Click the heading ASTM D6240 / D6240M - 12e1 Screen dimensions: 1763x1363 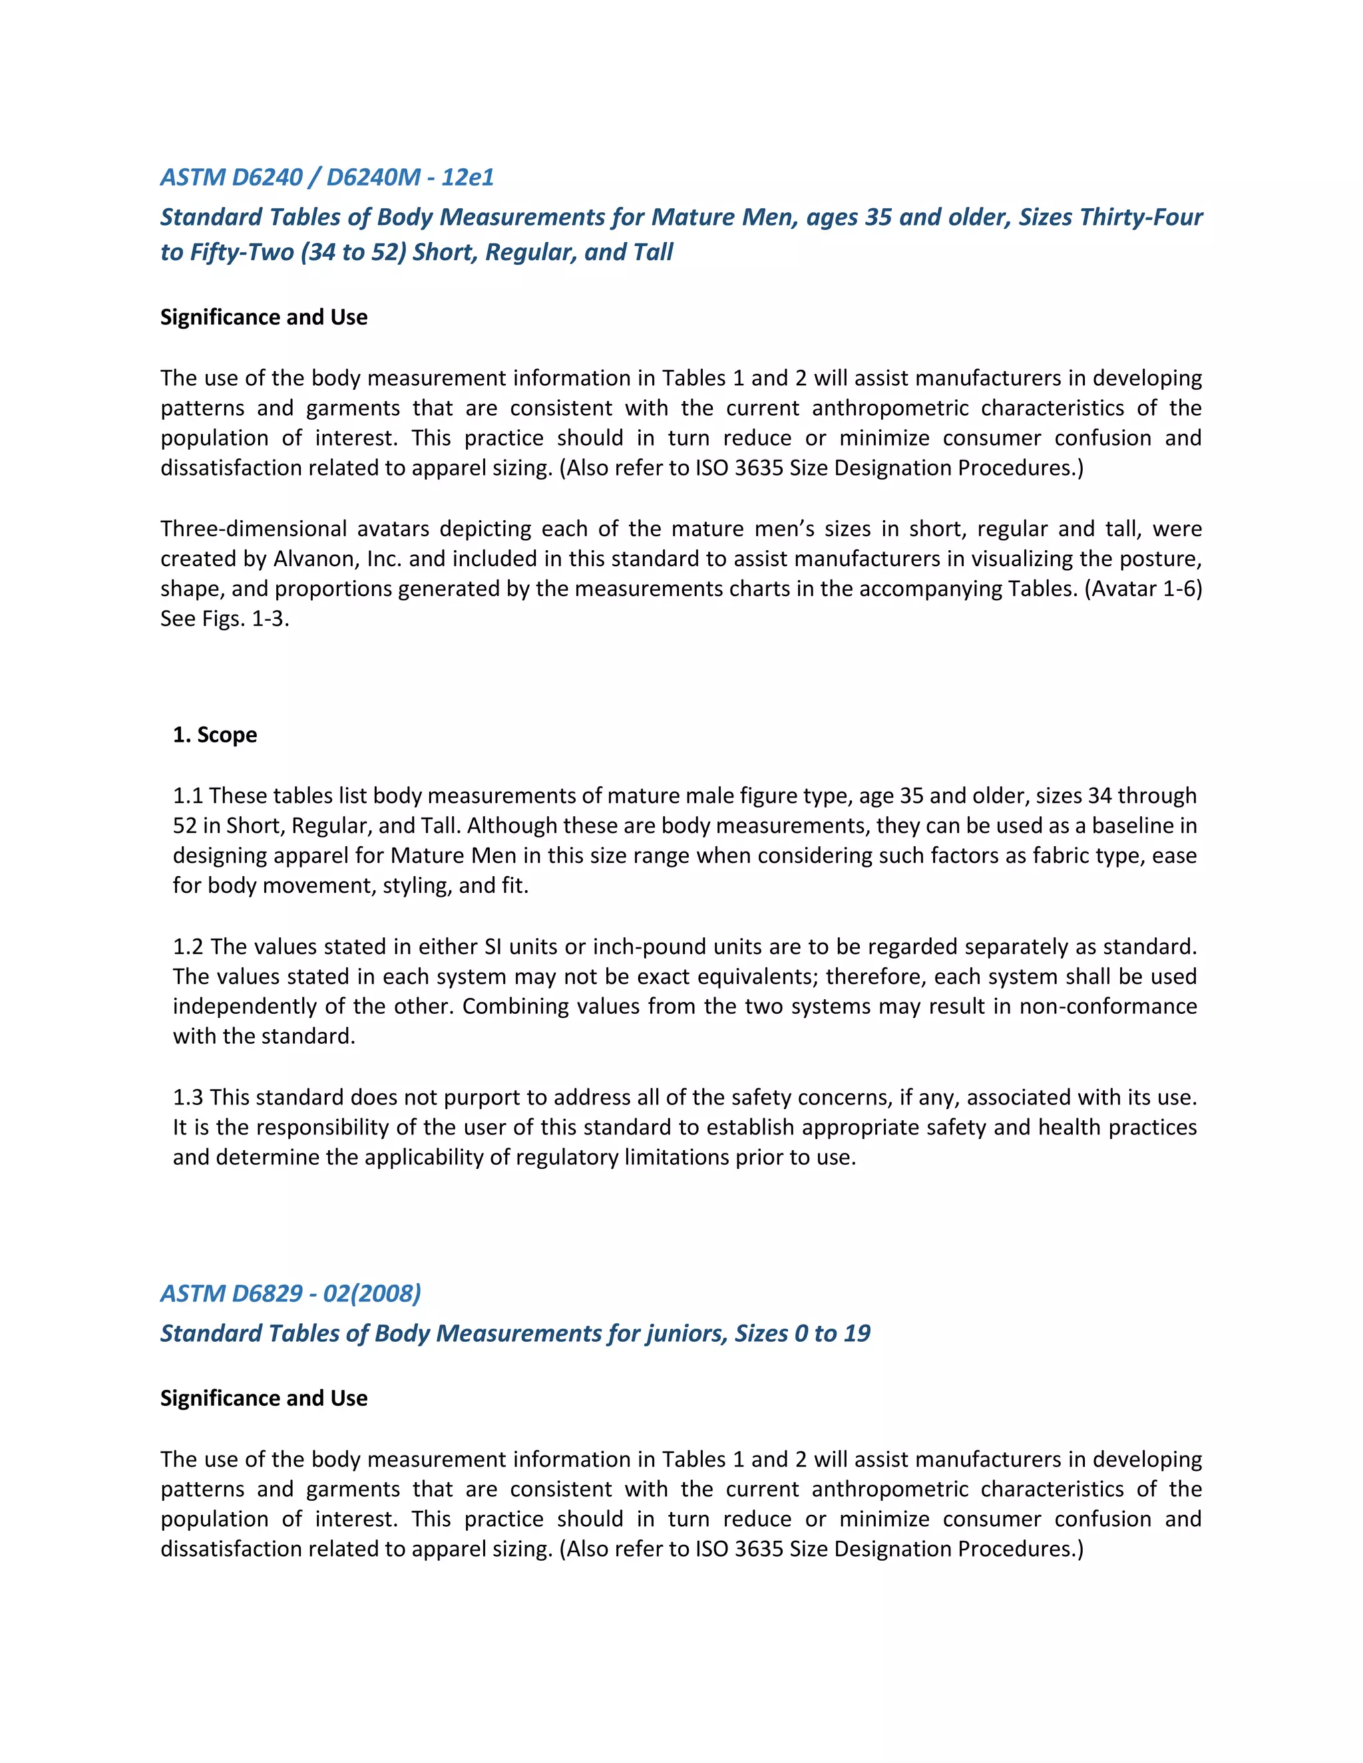point(326,177)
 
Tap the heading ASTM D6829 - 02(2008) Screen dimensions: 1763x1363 point(290,1293)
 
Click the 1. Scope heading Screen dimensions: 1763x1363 point(215,734)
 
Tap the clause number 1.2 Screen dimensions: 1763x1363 point(188,946)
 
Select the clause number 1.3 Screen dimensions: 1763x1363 point(188,1097)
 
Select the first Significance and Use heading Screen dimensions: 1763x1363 point(264,317)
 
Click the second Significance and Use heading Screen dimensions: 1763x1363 point(264,1398)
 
